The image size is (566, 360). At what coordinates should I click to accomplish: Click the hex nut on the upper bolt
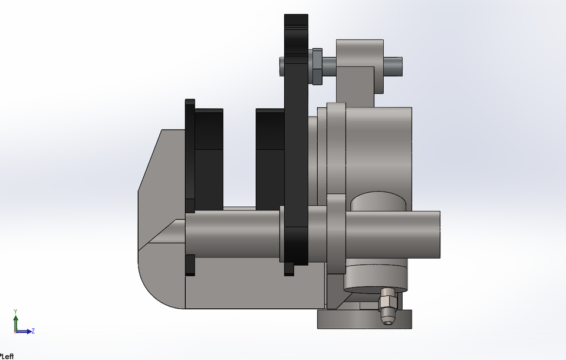315,65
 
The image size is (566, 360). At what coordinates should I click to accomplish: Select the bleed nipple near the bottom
388,306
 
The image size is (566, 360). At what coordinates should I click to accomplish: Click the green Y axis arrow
16,321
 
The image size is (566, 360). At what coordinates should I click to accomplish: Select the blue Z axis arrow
25,332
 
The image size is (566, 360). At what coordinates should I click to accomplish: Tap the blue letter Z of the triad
34,331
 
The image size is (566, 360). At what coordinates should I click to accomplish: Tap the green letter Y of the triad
16,311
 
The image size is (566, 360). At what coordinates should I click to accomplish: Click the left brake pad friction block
209,159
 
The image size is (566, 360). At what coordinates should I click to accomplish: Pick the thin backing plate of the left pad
190,153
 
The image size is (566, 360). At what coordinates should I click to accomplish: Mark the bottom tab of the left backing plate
190,265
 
